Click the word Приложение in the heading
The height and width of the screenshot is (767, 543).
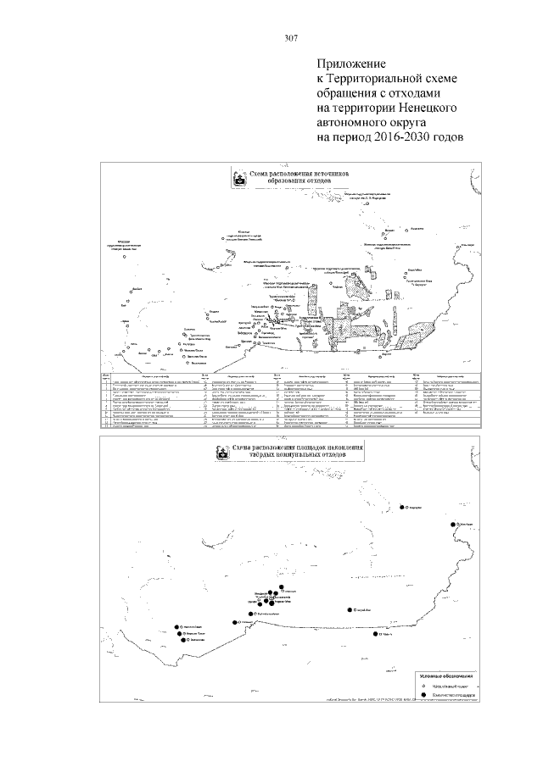click(351, 64)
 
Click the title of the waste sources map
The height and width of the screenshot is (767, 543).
click(294, 175)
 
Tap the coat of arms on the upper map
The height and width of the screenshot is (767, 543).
click(240, 180)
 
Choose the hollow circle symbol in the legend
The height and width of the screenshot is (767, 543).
click(423, 680)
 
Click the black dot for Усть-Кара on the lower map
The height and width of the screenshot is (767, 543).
click(454, 524)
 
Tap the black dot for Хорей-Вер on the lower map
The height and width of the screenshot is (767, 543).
click(350, 609)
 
